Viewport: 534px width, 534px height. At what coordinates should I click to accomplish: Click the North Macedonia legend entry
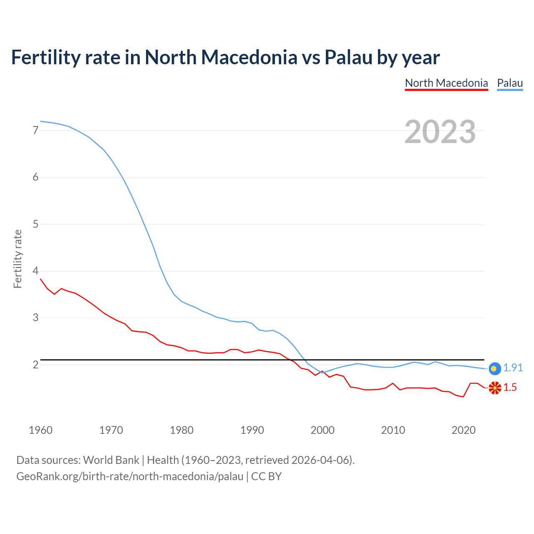[x=446, y=83]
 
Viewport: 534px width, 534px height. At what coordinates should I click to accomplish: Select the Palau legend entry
[x=510, y=83]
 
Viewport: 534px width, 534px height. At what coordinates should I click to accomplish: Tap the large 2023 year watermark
[x=440, y=132]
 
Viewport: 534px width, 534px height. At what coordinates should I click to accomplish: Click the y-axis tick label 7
[x=35, y=130]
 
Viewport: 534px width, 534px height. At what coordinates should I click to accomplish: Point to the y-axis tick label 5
[x=35, y=224]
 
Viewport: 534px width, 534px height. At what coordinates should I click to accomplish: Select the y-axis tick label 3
[x=35, y=318]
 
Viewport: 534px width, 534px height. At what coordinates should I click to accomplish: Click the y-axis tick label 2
[x=35, y=365]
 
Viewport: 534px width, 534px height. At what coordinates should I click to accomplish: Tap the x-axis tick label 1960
[x=40, y=430]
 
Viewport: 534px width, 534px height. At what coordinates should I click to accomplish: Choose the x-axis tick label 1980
[x=181, y=430]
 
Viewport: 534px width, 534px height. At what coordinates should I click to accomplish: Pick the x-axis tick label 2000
[x=322, y=430]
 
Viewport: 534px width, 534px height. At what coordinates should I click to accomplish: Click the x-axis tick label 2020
[x=463, y=430]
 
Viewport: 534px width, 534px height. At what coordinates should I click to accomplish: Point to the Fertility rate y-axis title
[x=18, y=259]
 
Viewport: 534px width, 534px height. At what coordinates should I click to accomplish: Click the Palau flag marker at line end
[x=494, y=368]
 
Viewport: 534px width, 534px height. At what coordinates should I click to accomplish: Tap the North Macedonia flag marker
[x=495, y=388]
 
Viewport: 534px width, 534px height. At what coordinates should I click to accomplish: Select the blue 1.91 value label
[x=513, y=368]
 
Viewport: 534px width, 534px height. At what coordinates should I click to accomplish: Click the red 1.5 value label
[x=510, y=388]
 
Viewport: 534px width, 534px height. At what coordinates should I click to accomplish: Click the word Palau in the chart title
[x=348, y=57]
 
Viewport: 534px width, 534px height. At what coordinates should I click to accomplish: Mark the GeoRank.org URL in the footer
[x=130, y=476]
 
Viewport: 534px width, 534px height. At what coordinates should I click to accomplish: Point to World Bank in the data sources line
[x=111, y=460]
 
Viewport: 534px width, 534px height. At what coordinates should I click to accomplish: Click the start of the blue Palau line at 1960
[x=41, y=121]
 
